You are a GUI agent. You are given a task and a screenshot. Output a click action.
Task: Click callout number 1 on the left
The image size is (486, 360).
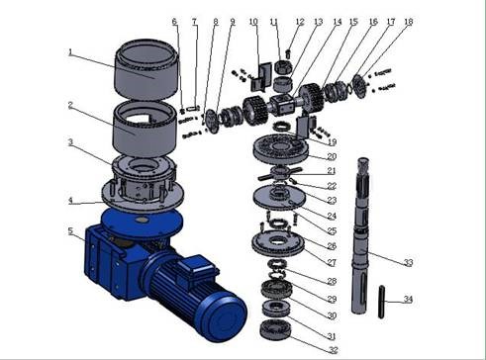pos(70,52)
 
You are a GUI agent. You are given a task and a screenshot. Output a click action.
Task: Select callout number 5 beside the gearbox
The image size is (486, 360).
pos(70,230)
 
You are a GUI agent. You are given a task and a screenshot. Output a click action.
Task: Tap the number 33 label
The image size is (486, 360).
pos(409,263)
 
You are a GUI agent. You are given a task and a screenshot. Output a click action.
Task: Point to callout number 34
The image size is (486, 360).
pos(409,300)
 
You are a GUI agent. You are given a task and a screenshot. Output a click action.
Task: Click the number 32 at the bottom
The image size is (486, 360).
pos(334,350)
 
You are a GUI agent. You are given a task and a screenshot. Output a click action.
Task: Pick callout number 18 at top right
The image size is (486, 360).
pos(409,22)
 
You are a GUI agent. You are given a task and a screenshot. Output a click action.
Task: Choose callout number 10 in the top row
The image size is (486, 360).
pos(253,22)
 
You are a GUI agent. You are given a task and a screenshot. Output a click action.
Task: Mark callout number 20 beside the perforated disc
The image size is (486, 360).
pos(332,156)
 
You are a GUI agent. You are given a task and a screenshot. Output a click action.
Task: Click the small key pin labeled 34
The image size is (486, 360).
pos(381,302)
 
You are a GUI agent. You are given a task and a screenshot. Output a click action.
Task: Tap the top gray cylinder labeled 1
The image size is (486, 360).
pos(146,69)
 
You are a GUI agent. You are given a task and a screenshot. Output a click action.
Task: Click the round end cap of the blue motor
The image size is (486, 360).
pos(226,317)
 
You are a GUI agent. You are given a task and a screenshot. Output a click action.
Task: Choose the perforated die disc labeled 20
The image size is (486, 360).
pos(281,149)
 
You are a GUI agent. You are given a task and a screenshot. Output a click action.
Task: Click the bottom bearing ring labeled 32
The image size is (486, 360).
pos(275,329)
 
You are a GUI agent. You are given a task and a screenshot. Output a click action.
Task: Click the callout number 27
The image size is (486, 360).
pos(332,263)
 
